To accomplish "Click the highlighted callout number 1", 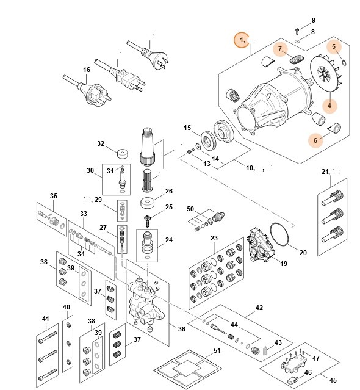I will (x=242, y=40).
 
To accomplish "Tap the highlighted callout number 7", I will (x=280, y=48).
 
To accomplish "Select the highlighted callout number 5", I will (x=333, y=46).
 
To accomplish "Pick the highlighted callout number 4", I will (x=329, y=106).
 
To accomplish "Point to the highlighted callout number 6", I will (x=315, y=140).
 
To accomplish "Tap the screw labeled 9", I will (x=297, y=29).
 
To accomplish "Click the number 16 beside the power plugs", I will (x=86, y=70).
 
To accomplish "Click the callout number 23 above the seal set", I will (x=214, y=238).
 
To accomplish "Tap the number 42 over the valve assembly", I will (x=259, y=308).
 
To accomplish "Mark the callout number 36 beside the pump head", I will (x=181, y=329).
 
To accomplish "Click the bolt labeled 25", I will (x=147, y=218).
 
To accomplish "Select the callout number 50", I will (x=191, y=209).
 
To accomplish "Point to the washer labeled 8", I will (x=297, y=40).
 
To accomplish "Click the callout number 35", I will (x=53, y=196).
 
